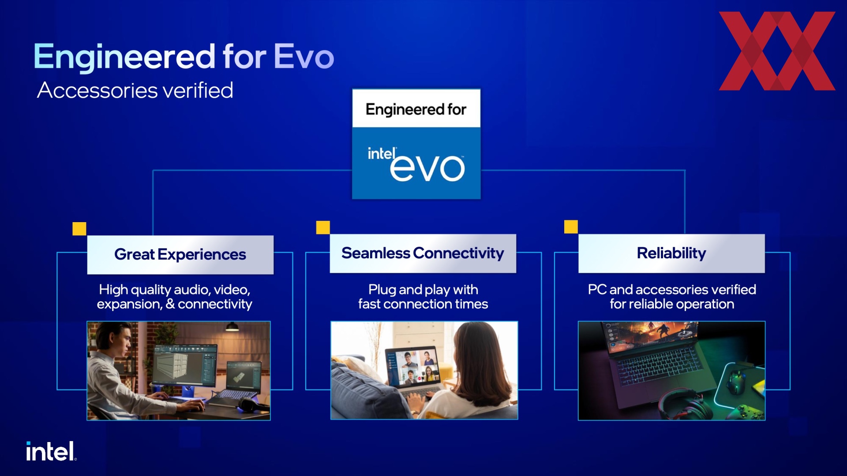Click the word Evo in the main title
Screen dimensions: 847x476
coord(304,56)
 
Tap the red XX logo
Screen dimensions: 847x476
coord(777,51)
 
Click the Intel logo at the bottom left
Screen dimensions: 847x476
coord(51,451)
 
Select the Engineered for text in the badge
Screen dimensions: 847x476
coord(416,109)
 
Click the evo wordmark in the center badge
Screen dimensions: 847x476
coord(427,167)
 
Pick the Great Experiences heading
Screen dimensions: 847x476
coord(180,254)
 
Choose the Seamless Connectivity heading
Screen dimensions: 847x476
coord(423,253)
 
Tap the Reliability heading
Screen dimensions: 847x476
coord(671,253)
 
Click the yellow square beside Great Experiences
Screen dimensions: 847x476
coord(79,229)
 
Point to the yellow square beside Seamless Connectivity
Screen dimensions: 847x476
coord(323,227)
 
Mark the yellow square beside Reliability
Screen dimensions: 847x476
coord(571,227)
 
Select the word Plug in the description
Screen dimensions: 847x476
coord(382,290)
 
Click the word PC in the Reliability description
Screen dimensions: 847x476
coord(597,290)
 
